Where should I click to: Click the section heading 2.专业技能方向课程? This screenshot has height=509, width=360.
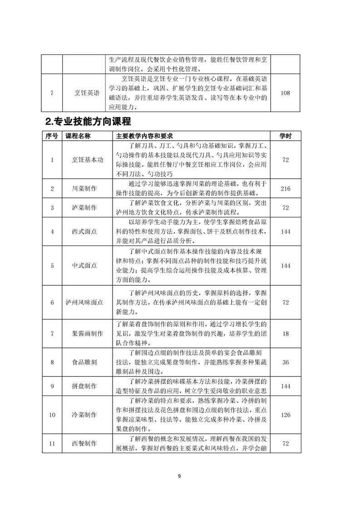[x=89, y=122]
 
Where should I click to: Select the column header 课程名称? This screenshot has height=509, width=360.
[x=78, y=136]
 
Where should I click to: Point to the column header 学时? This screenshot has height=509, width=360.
[x=285, y=136]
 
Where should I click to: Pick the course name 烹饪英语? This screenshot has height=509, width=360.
[x=87, y=93]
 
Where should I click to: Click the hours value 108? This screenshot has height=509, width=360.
[x=285, y=93]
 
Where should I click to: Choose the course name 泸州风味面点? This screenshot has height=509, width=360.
[x=84, y=303]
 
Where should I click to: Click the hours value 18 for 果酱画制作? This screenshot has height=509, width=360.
[x=285, y=334]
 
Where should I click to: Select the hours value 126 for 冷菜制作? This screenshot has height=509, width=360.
[x=285, y=415]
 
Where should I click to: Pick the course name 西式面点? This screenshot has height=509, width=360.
[x=84, y=231]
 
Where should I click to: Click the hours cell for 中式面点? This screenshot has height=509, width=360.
[x=285, y=265]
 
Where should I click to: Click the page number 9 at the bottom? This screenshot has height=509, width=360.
[x=180, y=476]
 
